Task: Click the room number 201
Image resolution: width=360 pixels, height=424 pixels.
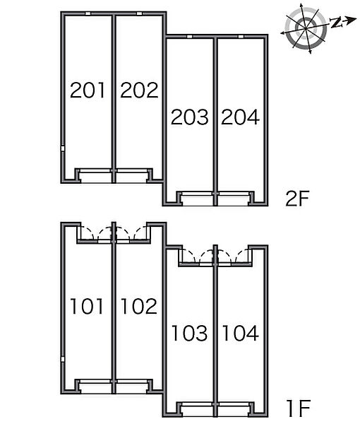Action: point(88,90)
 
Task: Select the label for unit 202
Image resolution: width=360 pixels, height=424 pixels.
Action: point(139,90)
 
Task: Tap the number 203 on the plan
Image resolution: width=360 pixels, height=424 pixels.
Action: point(190,117)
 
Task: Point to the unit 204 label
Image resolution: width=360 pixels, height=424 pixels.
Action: point(241,117)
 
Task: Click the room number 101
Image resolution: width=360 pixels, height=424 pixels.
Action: point(87,306)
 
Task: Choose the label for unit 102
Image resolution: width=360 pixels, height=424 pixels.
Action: point(139,306)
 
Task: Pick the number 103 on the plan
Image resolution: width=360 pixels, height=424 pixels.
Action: point(190,333)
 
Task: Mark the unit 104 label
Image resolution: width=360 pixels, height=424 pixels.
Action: point(241,333)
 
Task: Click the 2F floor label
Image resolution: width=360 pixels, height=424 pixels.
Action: point(297,199)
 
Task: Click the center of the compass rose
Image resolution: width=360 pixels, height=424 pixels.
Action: point(306,28)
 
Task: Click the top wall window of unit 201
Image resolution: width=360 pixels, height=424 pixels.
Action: point(88,13)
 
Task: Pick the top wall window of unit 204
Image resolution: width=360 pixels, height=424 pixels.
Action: point(241,37)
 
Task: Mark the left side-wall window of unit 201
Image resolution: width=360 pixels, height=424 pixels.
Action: point(62,148)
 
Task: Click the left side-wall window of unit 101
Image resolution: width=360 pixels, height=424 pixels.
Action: point(62,359)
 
